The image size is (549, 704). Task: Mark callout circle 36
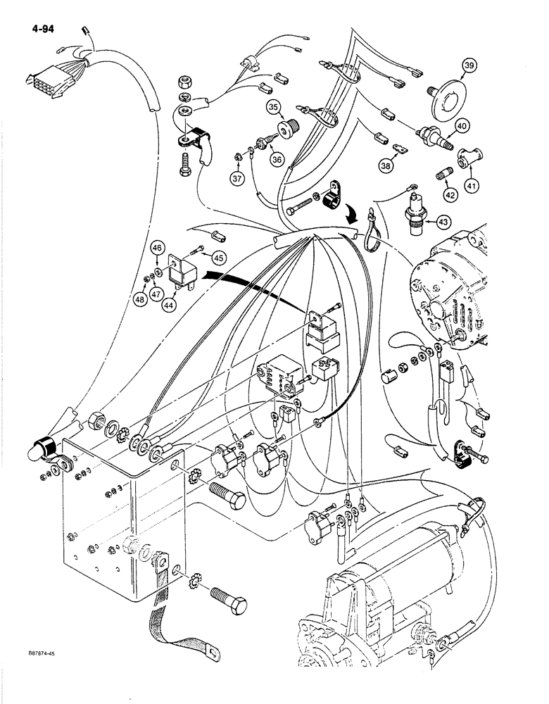click(277, 161)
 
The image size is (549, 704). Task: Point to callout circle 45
click(218, 258)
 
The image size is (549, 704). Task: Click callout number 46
click(158, 248)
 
